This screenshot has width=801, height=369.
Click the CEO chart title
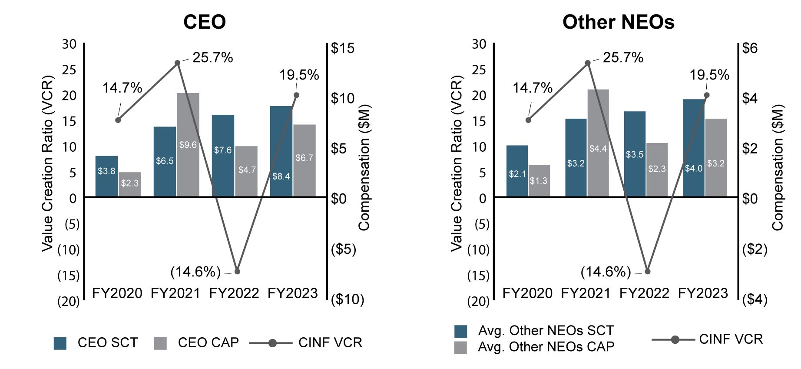tap(204, 22)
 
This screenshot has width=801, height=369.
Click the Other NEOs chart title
tap(618, 22)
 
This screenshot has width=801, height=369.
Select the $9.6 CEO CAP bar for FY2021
tap(188, 144)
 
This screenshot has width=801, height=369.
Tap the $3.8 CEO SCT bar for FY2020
tap(106, 176)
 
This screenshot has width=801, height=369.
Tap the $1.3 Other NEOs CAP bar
tap(539, 180)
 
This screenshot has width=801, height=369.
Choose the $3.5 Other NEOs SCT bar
tap(635, 154)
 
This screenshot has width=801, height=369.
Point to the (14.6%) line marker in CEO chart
tap(237, 272)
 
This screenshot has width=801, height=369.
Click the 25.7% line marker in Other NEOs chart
tap(588, 63)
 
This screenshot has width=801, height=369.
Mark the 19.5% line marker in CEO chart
tap(296, 95)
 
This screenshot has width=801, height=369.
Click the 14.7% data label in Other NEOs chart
tap(532, 88)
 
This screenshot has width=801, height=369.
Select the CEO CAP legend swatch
tap(160, 343)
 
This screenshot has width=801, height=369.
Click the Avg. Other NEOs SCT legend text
tap(546, 331)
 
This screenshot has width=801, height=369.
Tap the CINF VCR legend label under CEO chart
tap(330, 343)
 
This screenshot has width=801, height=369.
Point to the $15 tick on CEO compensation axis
tap(343, 48)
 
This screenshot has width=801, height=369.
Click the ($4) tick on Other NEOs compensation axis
tap(755, 299)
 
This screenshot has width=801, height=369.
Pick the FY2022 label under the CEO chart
tap(234, 293)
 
